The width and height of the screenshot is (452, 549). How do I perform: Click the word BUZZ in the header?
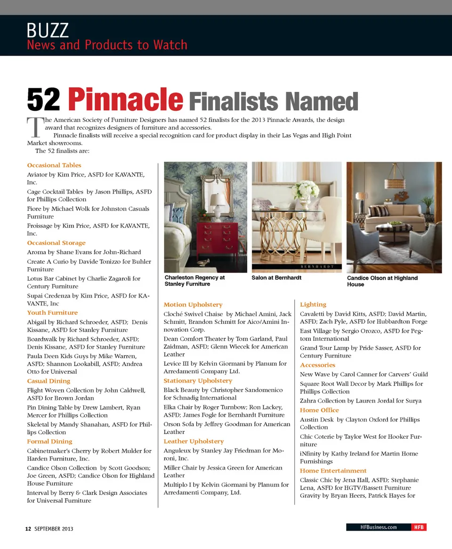[x=48, y=31]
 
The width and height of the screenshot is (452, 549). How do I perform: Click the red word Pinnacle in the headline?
[x=125, y=100]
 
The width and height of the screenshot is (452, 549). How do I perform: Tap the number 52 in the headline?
[x=44, y=100]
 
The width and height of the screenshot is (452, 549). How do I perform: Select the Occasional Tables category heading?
[x=54, y=165]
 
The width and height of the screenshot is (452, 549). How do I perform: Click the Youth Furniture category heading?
[x=52, y=313]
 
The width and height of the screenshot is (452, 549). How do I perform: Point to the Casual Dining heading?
[x=48, y=381]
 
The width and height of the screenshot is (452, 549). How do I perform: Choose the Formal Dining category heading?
[x=49, y=442]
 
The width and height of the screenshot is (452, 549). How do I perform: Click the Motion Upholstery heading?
[x=193, y=305]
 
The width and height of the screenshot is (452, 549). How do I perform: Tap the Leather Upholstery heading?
[x=194, y=442]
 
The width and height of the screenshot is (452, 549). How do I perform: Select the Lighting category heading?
[x=313, y=305]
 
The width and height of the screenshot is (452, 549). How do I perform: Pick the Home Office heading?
[x=319, y=410]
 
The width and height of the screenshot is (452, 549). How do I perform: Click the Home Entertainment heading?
[x=333, y=471]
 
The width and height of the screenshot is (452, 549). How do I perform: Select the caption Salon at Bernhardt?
[x=276, y=278]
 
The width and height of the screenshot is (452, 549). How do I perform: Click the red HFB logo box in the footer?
[x=419, y=527]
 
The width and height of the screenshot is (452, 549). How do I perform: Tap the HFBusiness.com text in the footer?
[x=379, y=527]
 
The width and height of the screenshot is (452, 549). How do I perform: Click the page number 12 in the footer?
[x=28, y=529]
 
